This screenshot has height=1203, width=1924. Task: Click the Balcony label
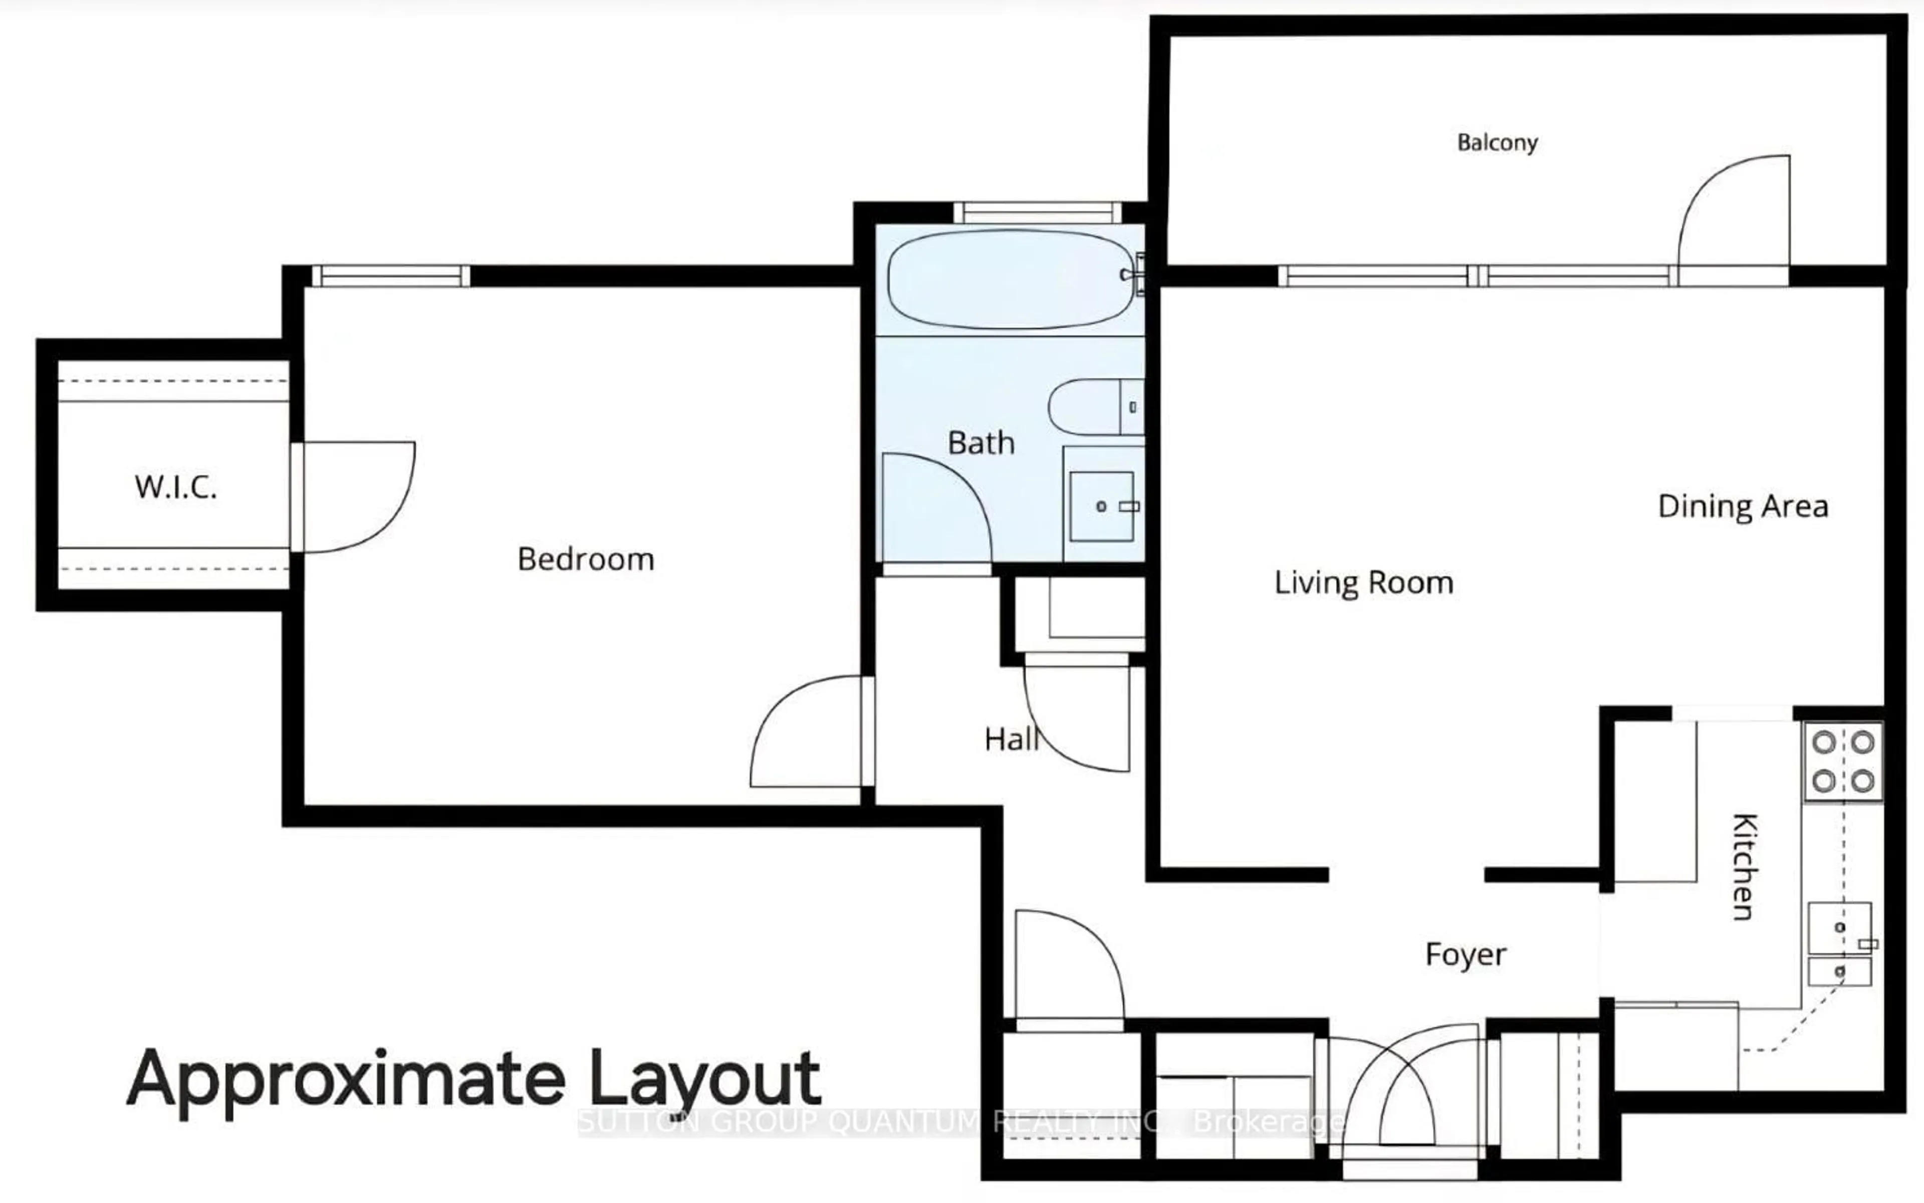[x=1497, y=142]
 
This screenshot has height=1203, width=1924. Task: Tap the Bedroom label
[x=586, y=559]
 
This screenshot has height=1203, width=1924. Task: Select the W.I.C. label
[x=176, y=487]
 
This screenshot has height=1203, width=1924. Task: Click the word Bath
[x=981, y=443]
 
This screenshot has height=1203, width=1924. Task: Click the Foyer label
[x=1466, y=954]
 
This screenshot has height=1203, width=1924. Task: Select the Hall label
[x=1011, y=739]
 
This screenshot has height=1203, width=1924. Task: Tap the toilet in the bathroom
[x=1094, y=406]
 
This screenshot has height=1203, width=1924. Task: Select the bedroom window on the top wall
[x=390, y=276]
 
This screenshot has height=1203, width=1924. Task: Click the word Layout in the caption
[x=704, y=1080]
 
